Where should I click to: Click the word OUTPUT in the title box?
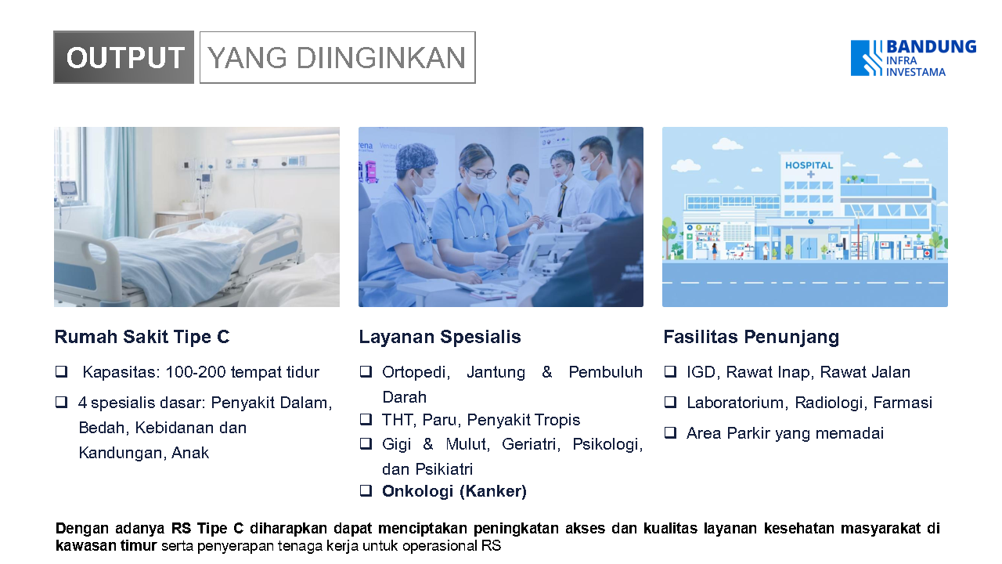(x=125, y=58)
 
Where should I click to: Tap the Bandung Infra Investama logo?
(x=914, y=58)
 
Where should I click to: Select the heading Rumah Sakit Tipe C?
(x=142, y=337)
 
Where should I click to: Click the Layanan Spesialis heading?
(x=440, y=337)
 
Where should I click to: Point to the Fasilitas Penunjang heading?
(x=751, y=338)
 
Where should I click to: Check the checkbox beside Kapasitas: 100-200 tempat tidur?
(x=61, y=371)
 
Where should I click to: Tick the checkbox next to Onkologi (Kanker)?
(x=366, y=490)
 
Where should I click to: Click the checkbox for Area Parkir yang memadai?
(x=670, y=432)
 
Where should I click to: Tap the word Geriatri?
(x=530, y=444)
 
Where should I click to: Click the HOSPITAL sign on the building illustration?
(x=809, y=165)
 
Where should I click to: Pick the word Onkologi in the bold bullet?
(x=417, y=491)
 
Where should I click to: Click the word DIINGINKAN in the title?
(x=380, y=58)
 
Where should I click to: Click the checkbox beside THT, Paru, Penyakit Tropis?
(x=366, y=419)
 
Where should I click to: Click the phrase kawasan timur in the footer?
(x=106, y=546)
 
